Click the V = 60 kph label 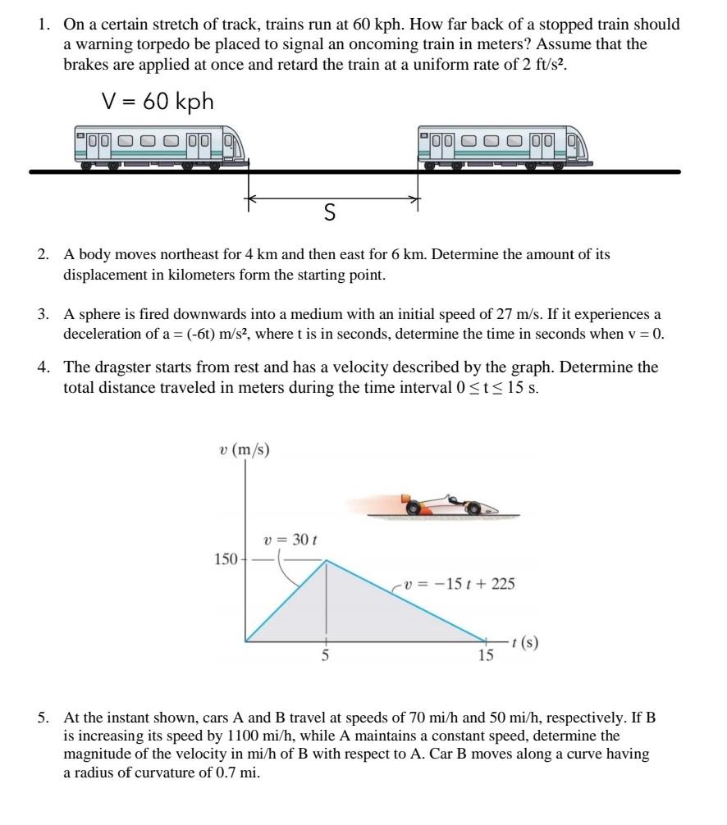[158, 101]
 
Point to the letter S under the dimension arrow [330, 213]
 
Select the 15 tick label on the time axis [486, 656]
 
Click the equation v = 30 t [290, 540]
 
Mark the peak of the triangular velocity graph [327, 561]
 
